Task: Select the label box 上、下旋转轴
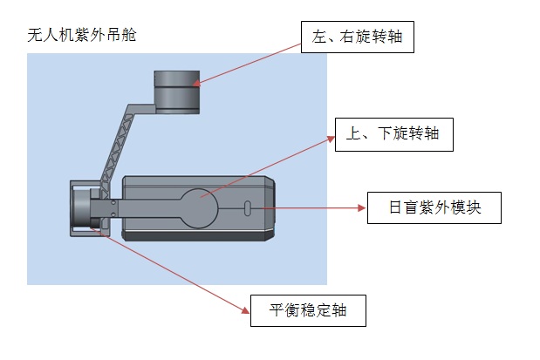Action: click(393, 135)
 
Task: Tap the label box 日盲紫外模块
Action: click(434, 208)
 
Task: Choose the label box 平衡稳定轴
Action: click(307, 310)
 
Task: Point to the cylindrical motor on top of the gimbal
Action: click(177, 91)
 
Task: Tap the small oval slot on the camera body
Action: click(247, 209)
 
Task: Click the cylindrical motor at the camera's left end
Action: click(83, 208)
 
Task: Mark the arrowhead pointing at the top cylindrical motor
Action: click(195, 84)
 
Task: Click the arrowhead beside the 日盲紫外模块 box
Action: click(361, 208)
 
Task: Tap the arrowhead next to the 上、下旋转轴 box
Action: click(332, 138)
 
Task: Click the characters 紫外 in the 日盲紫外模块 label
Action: click(433, 208)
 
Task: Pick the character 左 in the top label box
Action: click(318, 37)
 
